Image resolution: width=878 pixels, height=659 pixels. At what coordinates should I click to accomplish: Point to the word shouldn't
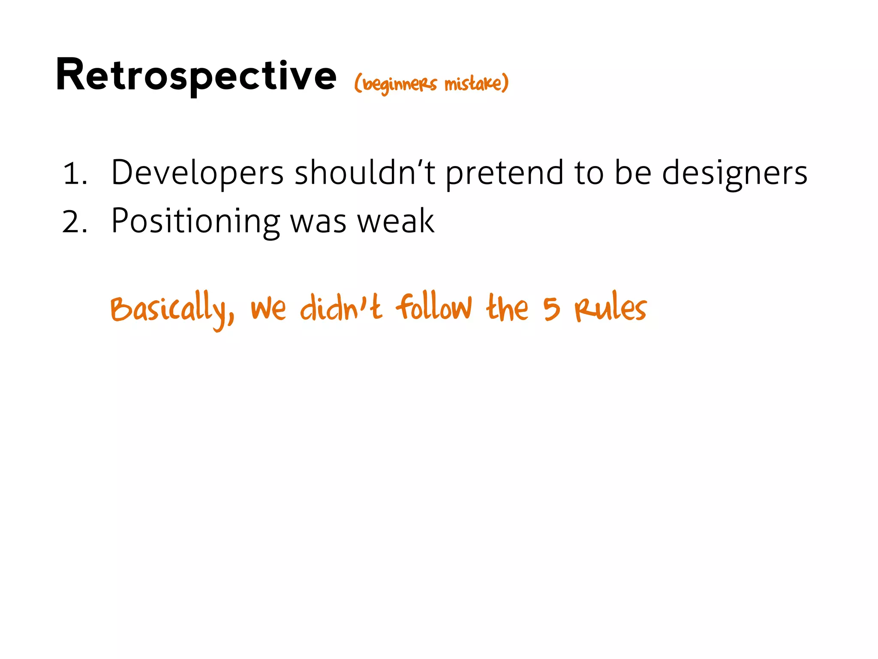pyautogui.click(x=365, y=172)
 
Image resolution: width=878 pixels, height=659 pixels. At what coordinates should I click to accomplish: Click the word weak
pyautogui.click(x=396, y=221)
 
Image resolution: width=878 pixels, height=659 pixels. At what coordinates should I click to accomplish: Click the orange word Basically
pyautogui.click(x=171, y=308)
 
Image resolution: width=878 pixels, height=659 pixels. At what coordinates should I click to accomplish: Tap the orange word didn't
pyautogui.click(x=340, y=308)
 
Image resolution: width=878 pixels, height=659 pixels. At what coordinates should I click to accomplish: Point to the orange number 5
pyautogui.click(x=552, y=308)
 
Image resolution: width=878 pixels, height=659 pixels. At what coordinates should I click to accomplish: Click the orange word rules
pyautogui.click(x=610, y=308)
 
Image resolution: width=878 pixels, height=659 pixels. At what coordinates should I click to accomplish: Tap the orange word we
pyautogui.click(x=268, y=309)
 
